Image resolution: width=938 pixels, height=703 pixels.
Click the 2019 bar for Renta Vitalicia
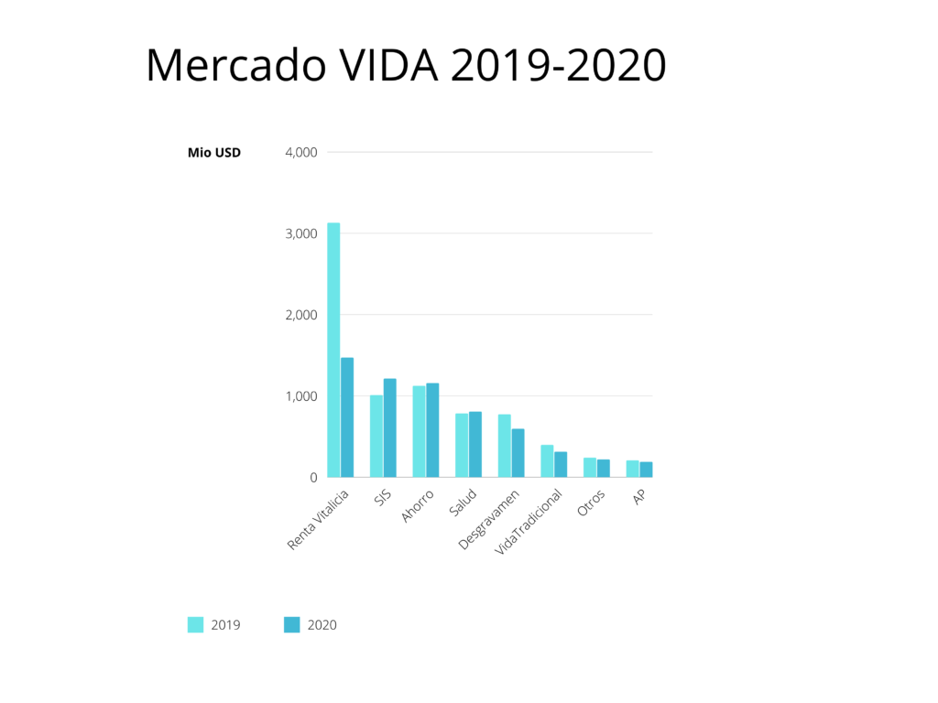click(333, 350)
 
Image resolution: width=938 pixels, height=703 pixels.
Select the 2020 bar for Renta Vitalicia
click(347, 417)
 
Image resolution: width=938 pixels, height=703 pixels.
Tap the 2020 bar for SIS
click(390, 427)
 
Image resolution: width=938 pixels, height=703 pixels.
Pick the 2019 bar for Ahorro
click(419, 431)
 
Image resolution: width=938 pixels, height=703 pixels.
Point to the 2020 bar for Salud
click(475, 444)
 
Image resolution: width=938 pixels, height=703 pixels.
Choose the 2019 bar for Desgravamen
click(505, 446)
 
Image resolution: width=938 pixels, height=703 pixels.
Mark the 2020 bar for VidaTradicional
click(561, 464)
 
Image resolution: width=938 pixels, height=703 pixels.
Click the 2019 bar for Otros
click(590, 468)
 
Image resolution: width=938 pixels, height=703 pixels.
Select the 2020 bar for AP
click(646, 470)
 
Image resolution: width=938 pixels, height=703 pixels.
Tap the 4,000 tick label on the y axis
click(301, 152)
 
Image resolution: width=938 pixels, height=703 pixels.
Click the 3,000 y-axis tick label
click(301, 233)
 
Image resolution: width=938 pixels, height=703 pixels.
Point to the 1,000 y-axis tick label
click(301, 396)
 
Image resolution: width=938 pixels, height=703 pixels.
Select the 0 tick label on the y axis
click(312, 478)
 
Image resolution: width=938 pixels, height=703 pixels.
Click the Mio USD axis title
click(214, 153)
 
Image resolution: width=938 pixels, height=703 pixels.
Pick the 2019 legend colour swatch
click(195, 625)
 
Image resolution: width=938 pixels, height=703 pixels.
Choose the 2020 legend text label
click(322, 625)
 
